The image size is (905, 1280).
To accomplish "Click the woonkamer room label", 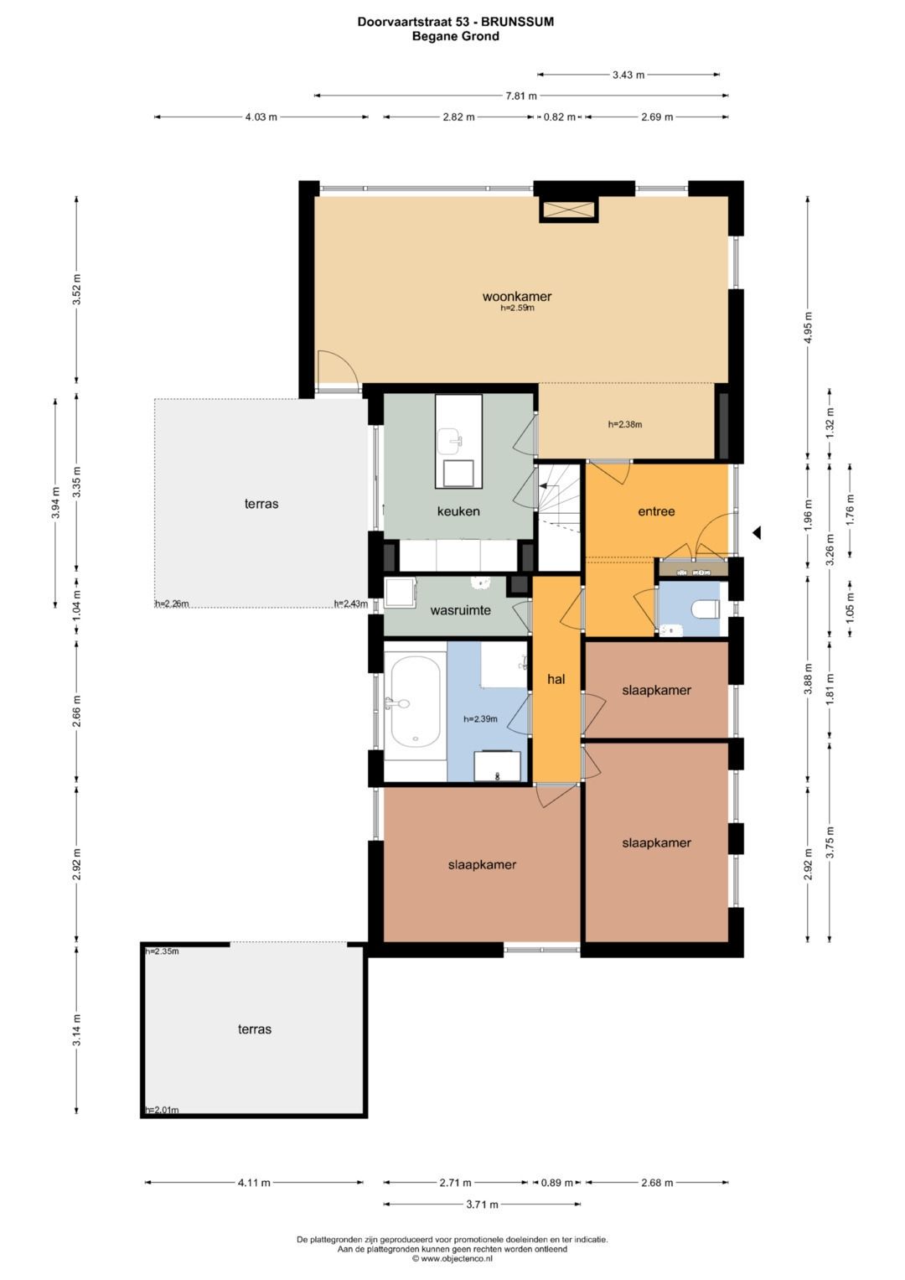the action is coord(517,296).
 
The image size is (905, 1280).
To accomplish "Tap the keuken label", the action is coord(458,510).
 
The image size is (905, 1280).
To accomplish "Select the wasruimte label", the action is coord(461,610).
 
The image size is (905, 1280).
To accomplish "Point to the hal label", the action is coord(556,679).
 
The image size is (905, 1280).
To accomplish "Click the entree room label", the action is coord(656,511).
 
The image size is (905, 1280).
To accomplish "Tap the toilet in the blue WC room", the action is coord(705,609).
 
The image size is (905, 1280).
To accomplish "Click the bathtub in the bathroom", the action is coord(416,701).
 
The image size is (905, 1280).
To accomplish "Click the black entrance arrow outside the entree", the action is coord(757,533).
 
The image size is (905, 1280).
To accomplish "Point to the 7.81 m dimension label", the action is coord(521,96).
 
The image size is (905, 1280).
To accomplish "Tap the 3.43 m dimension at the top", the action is coord(628,75).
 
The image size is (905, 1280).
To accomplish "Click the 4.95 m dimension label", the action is coord(808,328).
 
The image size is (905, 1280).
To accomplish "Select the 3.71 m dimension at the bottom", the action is coord(482,1205).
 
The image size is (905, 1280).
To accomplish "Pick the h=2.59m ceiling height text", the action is coord(517,308).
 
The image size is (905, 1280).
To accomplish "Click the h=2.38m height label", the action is coord(625,424).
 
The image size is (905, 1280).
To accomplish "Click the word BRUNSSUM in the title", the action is coord(518,22).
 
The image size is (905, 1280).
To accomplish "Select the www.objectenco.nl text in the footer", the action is coord(457,1257).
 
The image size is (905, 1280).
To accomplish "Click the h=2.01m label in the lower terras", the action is coord(163,1110).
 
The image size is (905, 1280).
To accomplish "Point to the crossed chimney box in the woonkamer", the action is coord(568,210).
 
